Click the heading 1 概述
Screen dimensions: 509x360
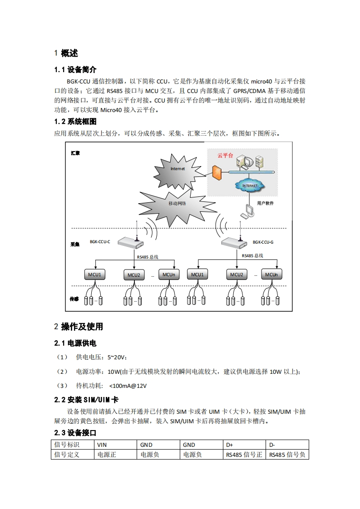66,54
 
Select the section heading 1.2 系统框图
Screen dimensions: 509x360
75,122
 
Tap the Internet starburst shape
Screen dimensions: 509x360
178,169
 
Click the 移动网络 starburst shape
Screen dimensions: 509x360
178,203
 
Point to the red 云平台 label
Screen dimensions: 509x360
225,155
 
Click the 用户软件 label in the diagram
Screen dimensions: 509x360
265,203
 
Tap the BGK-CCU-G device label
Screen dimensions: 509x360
263,242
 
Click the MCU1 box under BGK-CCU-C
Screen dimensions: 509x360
94,275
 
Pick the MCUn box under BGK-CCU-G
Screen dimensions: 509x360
271,275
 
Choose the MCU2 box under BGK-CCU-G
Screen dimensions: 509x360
237,275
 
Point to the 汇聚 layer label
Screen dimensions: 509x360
75,153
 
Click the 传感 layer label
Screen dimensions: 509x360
74,299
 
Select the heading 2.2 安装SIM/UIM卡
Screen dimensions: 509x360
86,400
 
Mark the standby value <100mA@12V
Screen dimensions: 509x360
128,386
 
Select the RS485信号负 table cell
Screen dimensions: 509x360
287,454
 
